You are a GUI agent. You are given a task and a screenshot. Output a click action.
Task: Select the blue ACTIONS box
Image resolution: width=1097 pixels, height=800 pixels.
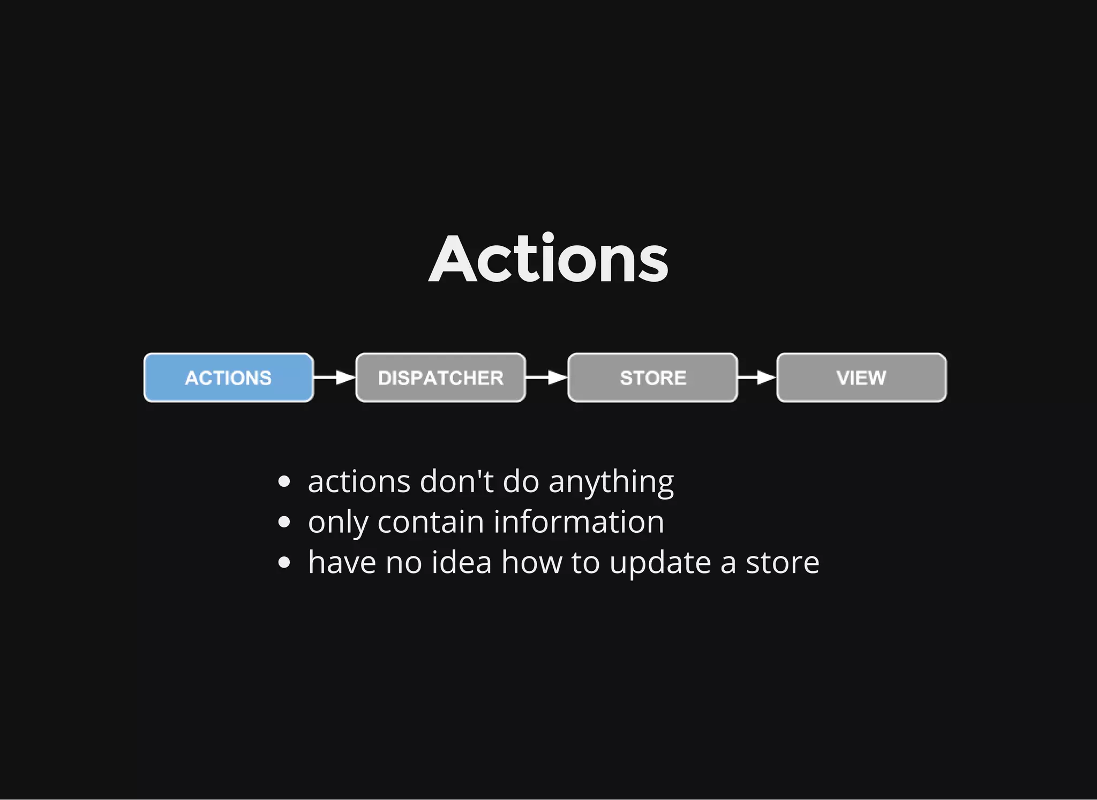coord(229,378)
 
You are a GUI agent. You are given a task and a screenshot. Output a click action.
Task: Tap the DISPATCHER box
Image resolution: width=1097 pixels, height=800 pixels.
coord(440,378)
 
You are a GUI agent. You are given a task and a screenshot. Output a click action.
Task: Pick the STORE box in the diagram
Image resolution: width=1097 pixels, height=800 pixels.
coord(652,378)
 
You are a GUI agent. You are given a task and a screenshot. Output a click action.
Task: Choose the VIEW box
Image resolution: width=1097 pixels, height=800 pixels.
coord(861,378)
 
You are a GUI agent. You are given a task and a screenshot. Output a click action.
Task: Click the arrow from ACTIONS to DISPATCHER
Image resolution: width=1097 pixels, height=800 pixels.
coord(334,378)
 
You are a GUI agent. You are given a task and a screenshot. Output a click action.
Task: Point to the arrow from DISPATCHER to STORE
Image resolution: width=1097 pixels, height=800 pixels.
coord(546,378)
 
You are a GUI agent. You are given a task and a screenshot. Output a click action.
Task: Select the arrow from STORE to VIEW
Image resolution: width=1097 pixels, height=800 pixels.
coord(757,378)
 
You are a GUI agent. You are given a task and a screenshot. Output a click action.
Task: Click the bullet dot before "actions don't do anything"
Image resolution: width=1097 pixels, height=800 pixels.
coord(284,481)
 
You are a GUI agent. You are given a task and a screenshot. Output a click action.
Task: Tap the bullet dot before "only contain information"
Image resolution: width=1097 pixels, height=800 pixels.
coord(284,522)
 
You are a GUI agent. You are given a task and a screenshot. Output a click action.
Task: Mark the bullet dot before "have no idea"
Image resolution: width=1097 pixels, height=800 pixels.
coord(284,563)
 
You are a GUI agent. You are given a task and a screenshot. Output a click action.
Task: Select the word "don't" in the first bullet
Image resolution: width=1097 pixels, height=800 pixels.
coord(456,481)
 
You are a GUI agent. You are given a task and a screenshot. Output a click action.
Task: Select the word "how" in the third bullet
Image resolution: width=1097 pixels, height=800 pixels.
coord(531,562)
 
